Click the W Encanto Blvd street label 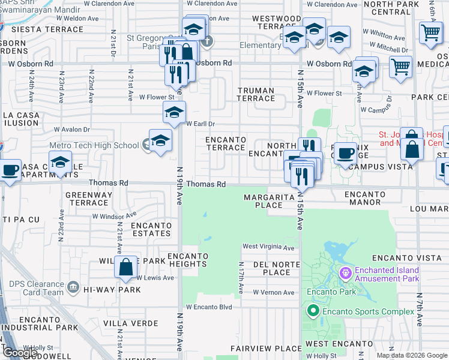pyautogui.click(x=208, y=307)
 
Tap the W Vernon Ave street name pyautogui.click(x=274, y=292)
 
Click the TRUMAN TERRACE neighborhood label pyautogui.click(x=256, y=94)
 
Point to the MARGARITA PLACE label pyautogui.click(x=268, y=201)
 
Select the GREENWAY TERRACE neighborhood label pyautogui.click(x=87, y=199)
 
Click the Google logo pyautogui.click(x=20, y=353)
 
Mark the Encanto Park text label pyautogui.click(x=331, y=292)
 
